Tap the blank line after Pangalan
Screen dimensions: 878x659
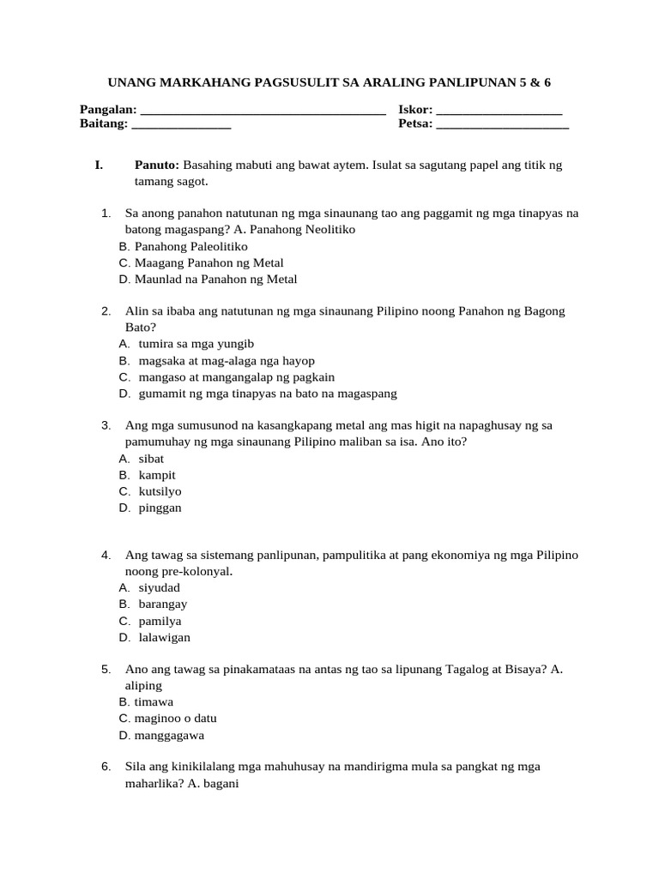[x=262, y=111]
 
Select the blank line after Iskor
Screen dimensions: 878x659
[x=499, y=111]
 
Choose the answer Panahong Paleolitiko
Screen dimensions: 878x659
[x=190, y=246]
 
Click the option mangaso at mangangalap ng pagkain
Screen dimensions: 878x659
[x=236, y=376]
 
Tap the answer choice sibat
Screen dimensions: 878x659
[x=151, y=459]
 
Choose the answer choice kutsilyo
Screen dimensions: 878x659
[x=160, y=491]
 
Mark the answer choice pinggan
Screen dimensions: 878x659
[x=160, y=508]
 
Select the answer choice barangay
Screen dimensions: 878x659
[x=163, y=604]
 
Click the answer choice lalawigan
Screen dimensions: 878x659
[x=165, y=637]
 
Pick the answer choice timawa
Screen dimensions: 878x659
[x=154, y=702]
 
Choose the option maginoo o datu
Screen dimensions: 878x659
[x=175, y=719]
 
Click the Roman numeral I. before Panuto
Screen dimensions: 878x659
[x=99, y=165]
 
